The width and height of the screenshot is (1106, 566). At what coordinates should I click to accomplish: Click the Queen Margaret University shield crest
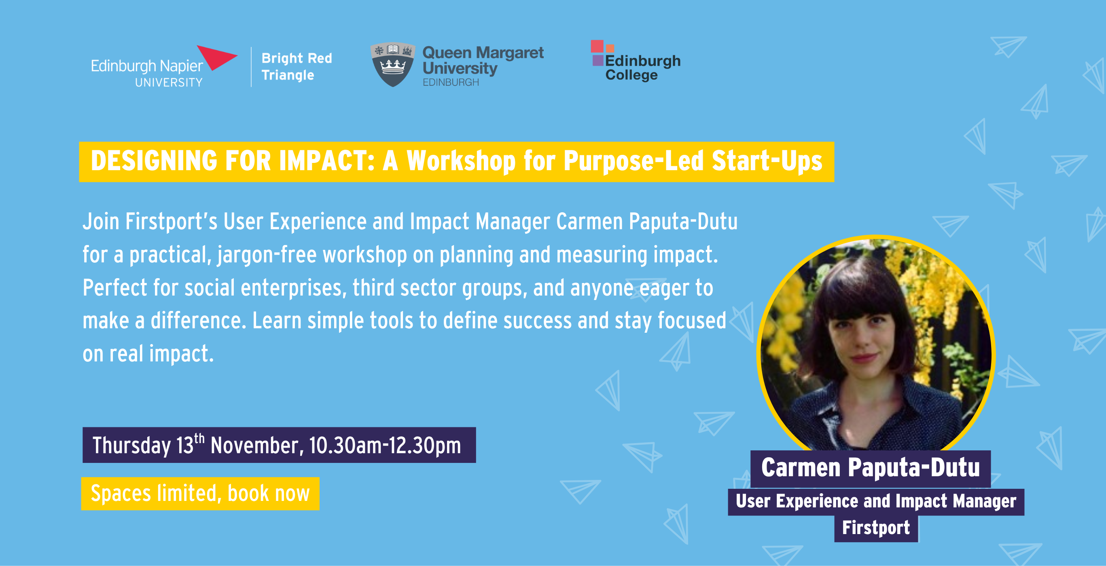point(393,64)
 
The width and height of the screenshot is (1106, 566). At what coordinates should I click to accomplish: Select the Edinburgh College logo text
point(643,68)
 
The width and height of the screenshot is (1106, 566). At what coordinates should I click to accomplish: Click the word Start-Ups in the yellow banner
point(767,161)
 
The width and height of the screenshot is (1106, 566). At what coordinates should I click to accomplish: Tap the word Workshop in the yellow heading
point(461,161)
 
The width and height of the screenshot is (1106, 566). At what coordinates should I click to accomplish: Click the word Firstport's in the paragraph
point(171,222)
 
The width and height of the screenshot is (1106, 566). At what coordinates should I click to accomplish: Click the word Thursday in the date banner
point(132,446)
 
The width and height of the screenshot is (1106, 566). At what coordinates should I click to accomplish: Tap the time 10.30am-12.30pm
point(385,445)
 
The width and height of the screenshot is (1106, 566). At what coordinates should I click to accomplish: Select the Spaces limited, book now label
point(200,494)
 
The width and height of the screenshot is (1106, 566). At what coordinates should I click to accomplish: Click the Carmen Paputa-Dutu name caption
point(870,468)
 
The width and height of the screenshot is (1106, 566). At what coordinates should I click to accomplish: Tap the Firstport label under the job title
point(876,528)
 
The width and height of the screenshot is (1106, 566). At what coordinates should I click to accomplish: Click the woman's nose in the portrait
point(863,339)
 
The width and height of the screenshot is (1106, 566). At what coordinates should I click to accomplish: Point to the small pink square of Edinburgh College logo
point(597,46)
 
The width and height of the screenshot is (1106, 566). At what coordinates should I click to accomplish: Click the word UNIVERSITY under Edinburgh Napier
point(169,82)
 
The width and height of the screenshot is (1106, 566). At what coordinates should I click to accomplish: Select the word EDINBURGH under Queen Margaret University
point(451,82)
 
